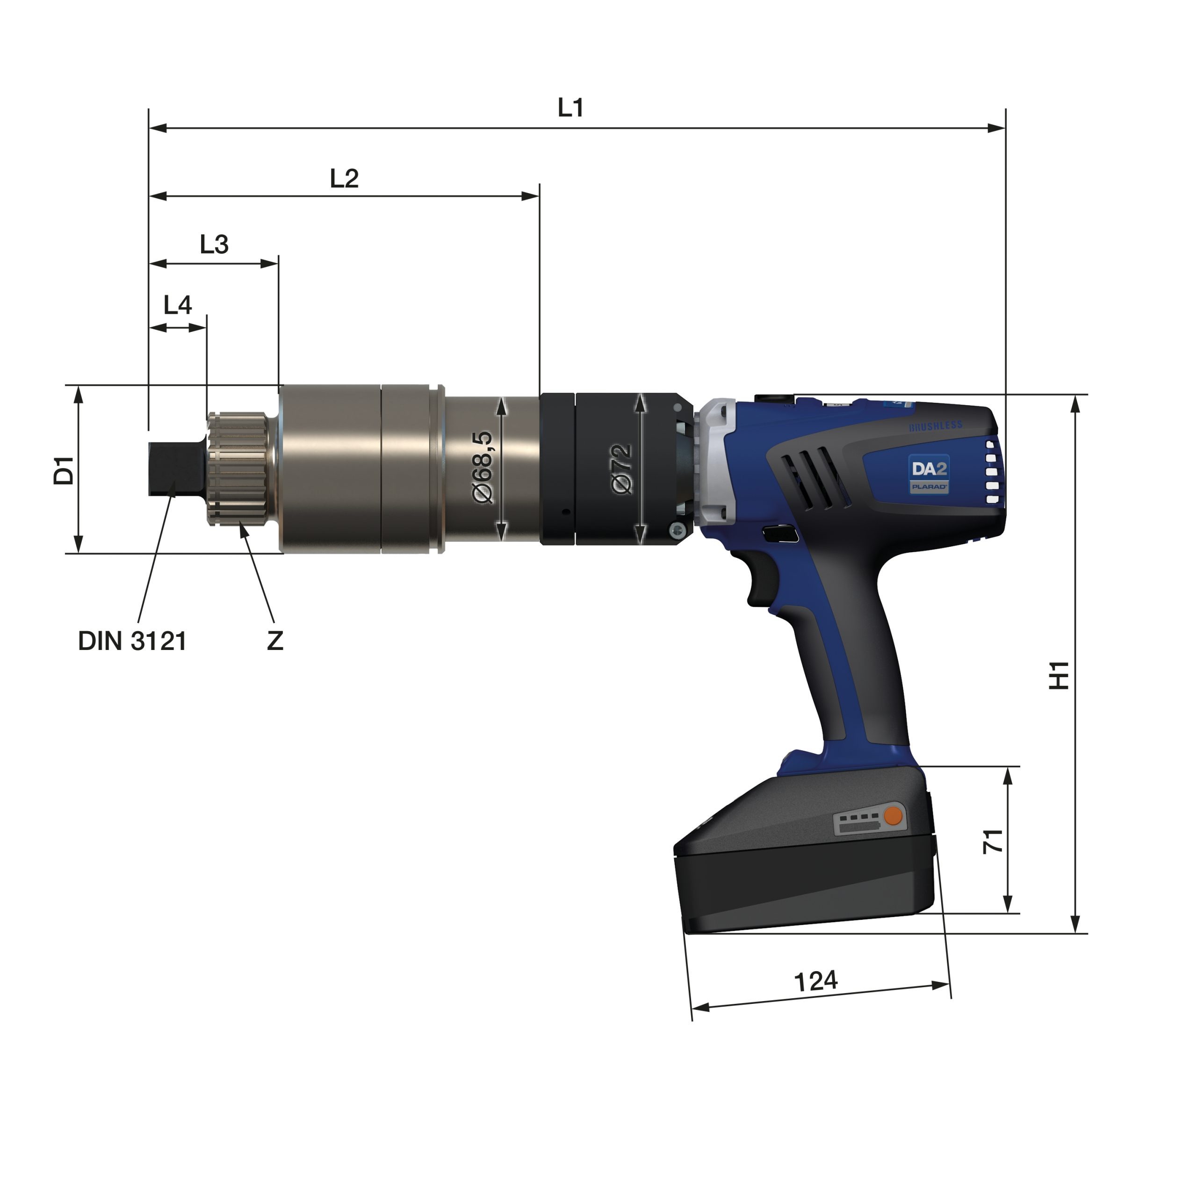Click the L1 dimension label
click(570, 108)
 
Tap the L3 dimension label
click(214, 244)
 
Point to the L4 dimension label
click(177, 305)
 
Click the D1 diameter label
click(63, 470)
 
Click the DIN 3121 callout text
click(132, 641)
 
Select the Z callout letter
click(275, 641)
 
